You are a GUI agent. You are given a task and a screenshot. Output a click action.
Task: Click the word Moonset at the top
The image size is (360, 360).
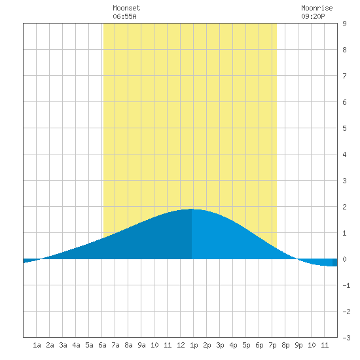click(126, 8)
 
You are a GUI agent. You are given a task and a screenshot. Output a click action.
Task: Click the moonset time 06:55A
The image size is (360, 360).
click(124, 16)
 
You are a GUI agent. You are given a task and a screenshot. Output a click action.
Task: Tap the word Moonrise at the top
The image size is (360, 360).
click(317, 8)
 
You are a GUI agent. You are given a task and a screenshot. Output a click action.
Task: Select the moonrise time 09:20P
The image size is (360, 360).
click(313, 16)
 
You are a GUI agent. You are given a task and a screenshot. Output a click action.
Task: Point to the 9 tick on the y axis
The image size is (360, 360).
click(344, 24)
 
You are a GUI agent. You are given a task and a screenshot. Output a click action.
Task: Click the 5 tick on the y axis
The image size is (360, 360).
click(344, 128)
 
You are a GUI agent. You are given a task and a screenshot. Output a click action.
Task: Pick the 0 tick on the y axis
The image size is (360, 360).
click(344, 259)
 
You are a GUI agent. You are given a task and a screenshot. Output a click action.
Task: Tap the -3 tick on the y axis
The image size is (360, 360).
click(346, 338)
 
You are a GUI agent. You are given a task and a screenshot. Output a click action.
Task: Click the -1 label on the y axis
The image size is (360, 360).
click(346, 285)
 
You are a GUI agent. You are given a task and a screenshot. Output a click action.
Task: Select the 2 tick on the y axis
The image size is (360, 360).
click(344, 207)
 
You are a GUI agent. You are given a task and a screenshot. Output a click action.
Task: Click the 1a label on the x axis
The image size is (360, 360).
click(37, 345)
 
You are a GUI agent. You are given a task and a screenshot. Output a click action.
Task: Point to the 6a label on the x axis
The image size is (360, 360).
click(102, 345)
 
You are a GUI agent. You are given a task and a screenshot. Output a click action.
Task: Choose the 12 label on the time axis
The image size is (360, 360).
click(181, 345)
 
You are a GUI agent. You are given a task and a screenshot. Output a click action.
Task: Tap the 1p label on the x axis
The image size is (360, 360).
click(194, 345)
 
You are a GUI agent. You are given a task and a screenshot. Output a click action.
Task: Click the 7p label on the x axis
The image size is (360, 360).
click(272, 345)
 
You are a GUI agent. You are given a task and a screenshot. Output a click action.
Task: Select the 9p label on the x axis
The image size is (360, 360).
click(298, 345)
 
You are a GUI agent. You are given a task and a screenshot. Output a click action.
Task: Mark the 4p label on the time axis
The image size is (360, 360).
click(233, 345)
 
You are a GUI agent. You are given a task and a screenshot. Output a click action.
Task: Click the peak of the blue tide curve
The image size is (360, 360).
click(192, 209)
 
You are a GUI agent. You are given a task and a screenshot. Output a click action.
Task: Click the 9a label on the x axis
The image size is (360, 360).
click(141, 345)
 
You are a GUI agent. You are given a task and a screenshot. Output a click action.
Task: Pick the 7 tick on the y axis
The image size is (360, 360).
click(344, 76)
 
